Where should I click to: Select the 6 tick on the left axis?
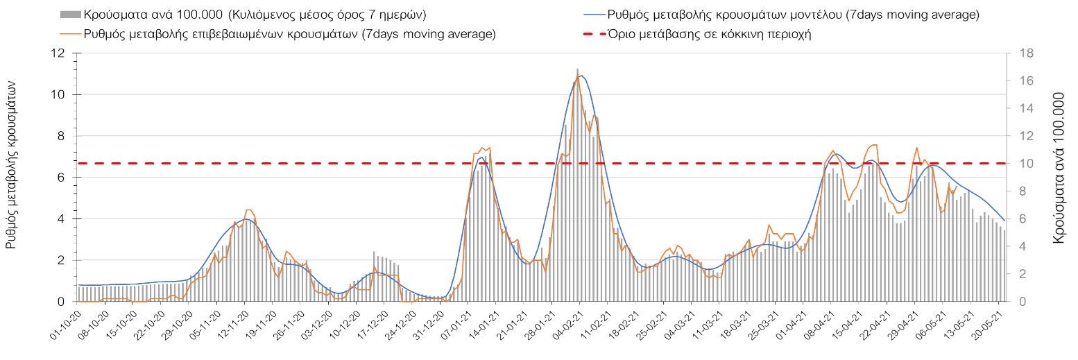pyautogui.click(x=62, y=178)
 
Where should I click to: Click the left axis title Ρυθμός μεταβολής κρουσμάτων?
pyautogui.click(x=12, y=164)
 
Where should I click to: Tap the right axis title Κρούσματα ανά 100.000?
pyautogui.click(x=1059, y=164)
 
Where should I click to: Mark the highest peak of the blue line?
pyautogui.click(x=581, y=76)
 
